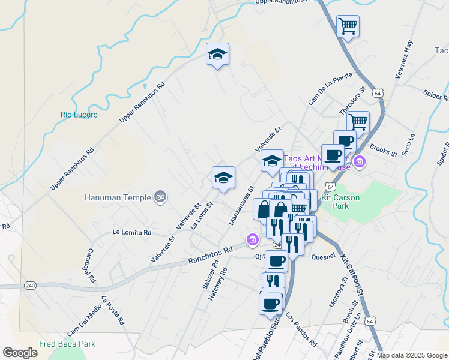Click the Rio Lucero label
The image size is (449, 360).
pos(79,115)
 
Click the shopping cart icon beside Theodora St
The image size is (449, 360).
pos(358,122)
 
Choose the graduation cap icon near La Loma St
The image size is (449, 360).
pos(223,178)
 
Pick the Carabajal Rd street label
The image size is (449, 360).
pos(91,266)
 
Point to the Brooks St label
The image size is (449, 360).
pos(384,149)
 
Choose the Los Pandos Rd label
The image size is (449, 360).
pos(301,329)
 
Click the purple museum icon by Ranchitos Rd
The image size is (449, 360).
pos(253,241)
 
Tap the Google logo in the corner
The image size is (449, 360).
pos(20,352)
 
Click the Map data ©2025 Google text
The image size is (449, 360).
pos(412,355)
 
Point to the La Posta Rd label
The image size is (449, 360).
pos(113,310)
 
